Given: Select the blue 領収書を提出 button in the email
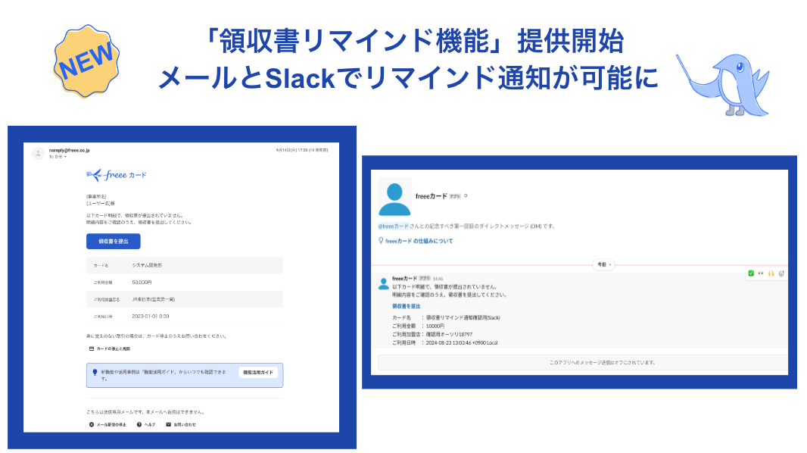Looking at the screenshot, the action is tap(114, 241).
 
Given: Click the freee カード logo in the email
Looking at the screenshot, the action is tap(117, 175).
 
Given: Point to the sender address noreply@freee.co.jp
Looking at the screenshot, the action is tap(70, 151).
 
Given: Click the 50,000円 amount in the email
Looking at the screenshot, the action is tap(142, 282).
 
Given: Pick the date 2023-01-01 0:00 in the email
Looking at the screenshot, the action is tap(151, 316).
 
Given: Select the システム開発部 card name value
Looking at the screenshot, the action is tap(147, 266).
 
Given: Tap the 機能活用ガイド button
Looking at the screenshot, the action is tap(258, 372).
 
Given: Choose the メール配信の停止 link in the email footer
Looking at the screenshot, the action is tap(107, 424).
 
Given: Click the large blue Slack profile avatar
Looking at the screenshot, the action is tap(394, 198).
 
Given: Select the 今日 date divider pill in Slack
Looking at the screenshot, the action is tap(603, 264).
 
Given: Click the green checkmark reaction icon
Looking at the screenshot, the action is tap(751, 273).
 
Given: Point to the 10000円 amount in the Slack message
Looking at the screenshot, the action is tap(437, 326).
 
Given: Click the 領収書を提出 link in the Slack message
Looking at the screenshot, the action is tap(407, 305).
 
